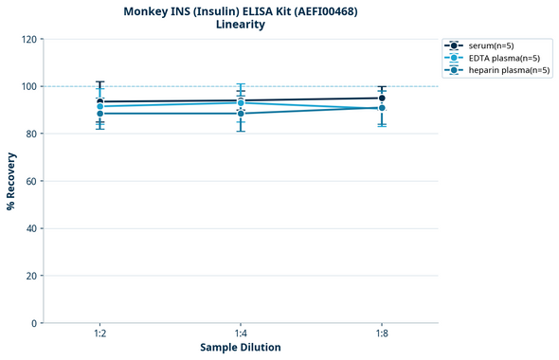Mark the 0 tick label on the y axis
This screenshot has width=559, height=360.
point(33,323)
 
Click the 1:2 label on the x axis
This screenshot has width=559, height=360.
point(99,333)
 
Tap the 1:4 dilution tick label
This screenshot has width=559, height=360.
point(241,333)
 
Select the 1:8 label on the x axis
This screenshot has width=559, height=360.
point(382,333)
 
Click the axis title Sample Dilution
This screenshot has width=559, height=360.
point(241,348)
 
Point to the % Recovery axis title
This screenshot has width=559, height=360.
point(11,181)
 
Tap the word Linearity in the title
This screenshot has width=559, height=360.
point(241,25)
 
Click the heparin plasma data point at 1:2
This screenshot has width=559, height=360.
point(99,114)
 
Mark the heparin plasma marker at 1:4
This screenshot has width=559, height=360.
point(241,114)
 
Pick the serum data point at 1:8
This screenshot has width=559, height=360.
point(382,98)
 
